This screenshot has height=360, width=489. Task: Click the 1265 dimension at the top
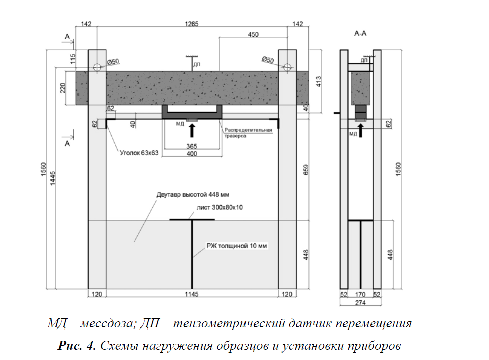coord(191,24)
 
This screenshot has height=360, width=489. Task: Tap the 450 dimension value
coord(253,34)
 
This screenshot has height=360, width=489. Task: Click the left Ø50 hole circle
coord(97,67)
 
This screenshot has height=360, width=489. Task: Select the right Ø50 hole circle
coord(287,67)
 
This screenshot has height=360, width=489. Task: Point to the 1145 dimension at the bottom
coord(191,294)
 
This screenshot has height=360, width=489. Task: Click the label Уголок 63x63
coord(139,153)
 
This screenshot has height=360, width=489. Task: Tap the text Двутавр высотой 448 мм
coord(193,195)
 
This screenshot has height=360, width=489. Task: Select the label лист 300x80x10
coord(219,207)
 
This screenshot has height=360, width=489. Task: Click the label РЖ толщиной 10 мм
coord(236,246)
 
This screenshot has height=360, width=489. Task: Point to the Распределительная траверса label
coord(248,133)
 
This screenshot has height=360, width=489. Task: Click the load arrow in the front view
coord(192,130)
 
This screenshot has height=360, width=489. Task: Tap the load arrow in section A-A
coord(361,130)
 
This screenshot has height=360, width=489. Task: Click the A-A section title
coord(360,33)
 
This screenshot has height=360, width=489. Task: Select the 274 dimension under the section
coord(360,303)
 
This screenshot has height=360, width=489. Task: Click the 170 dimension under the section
coord(360,294)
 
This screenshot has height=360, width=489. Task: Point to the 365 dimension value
coord(192,146)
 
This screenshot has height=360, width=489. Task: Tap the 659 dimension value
coord(306,169)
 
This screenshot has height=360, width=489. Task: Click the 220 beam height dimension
coord(63,88)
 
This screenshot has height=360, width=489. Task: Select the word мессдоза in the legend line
coord(108,323)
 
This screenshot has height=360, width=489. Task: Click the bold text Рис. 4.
coord(76,345)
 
